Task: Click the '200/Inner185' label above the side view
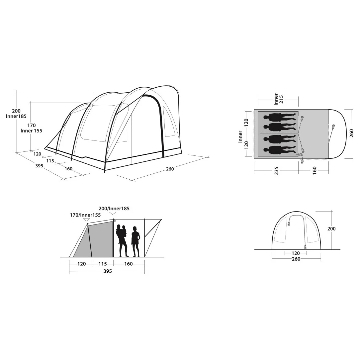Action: [114, 209]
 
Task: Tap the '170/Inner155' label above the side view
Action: [85, 215]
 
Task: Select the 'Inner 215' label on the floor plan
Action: [279, 99]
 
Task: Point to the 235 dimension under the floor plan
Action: [276, 171]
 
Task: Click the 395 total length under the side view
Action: [108, 271]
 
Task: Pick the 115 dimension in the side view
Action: [103, 264]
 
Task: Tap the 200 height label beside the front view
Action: [331, 229]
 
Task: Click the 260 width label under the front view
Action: [296, 259]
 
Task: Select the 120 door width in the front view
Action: [296, 253]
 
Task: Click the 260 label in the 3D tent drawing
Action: [170, 169]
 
